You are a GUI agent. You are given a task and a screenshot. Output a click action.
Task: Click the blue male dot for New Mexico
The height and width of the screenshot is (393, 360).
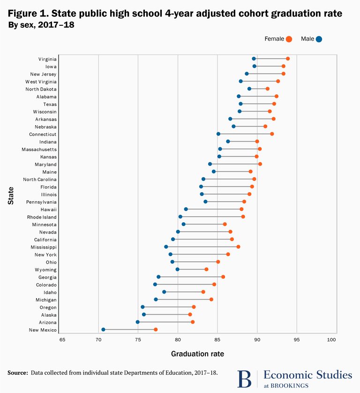(104, 330)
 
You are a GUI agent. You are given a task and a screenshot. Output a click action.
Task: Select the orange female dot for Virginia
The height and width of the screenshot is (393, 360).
(288, 59)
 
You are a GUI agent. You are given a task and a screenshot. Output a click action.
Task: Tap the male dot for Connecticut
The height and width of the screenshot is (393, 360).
(218, 134)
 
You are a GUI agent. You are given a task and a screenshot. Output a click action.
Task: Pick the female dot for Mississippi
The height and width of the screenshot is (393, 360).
(238, 247)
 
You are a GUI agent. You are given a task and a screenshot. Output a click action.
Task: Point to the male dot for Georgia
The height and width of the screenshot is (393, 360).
(158, 277)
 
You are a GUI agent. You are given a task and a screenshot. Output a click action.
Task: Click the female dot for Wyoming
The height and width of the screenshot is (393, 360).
(206, 270)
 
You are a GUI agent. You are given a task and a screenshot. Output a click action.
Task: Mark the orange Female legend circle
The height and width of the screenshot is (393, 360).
(289, 39)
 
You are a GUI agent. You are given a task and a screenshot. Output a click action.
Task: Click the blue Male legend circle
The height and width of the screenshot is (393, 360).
(319, 39)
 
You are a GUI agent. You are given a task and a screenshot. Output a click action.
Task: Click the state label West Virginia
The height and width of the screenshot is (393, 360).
(41, 82)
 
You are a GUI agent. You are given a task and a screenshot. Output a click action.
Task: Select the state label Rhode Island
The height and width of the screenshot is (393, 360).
(42, 217)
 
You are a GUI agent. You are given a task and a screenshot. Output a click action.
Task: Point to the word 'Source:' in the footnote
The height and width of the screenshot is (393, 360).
(17, 373)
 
